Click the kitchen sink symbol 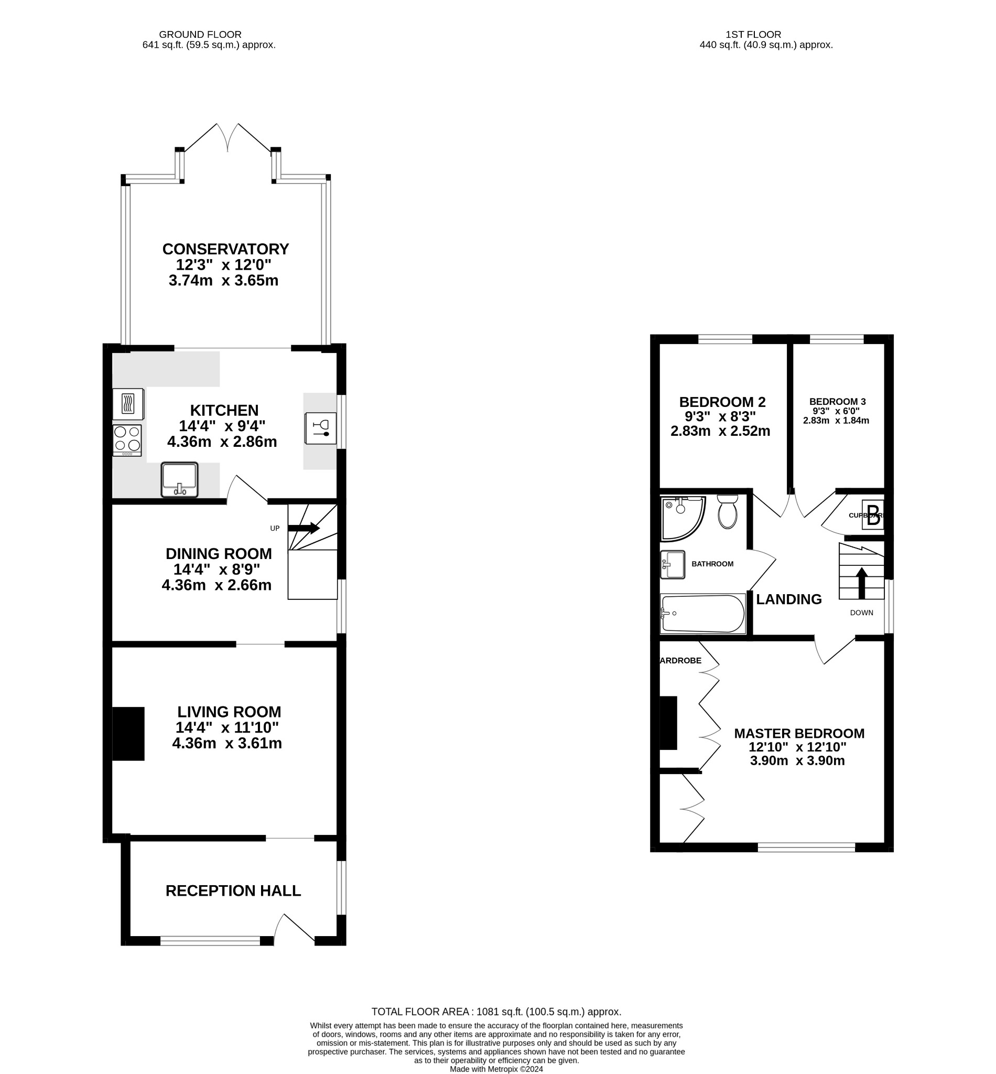click(179, 479)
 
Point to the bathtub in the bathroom click(702, 614)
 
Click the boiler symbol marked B click(873, 515)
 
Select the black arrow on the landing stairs click(861, 583)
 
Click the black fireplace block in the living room click(128, 733)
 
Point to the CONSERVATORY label click(225, 249)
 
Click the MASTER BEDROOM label click(799, 733)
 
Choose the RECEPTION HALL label click(233, 890)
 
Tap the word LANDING click(788, 599)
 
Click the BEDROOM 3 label click(837, 402)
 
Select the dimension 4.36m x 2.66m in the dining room click(216, 585)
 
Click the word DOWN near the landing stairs click(861, 613)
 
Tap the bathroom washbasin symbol click(672, 564)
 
